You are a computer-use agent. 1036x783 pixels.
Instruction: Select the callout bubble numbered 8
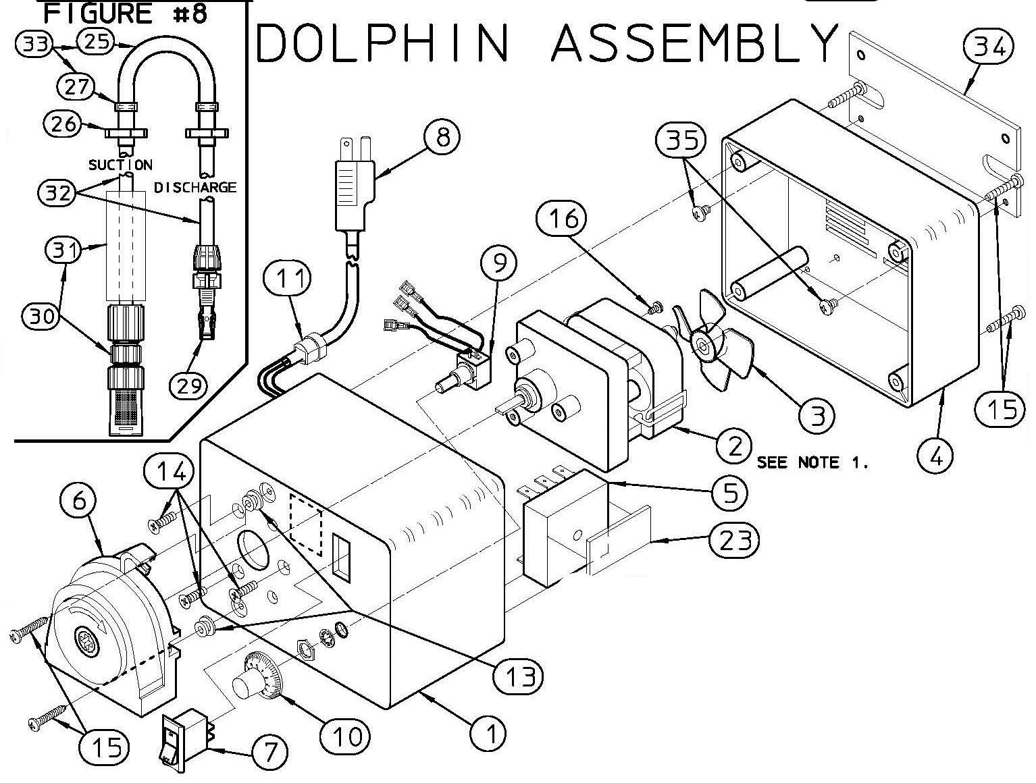click(x=442, y=137)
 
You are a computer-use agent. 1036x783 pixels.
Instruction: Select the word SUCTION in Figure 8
click(x=120, y=165)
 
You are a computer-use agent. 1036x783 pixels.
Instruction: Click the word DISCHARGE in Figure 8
click(x=196, y=187)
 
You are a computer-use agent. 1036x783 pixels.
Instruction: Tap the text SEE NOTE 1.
click(x=811, y=463)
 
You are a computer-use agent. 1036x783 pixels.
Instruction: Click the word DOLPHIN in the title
click(x=382, y=42)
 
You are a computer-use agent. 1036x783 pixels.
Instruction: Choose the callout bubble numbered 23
click(x=734, y=539)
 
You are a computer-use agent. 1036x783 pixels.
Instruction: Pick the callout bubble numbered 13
click(x=519, y=675)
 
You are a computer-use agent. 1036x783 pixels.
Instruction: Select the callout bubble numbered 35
click(x=680, y=140)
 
